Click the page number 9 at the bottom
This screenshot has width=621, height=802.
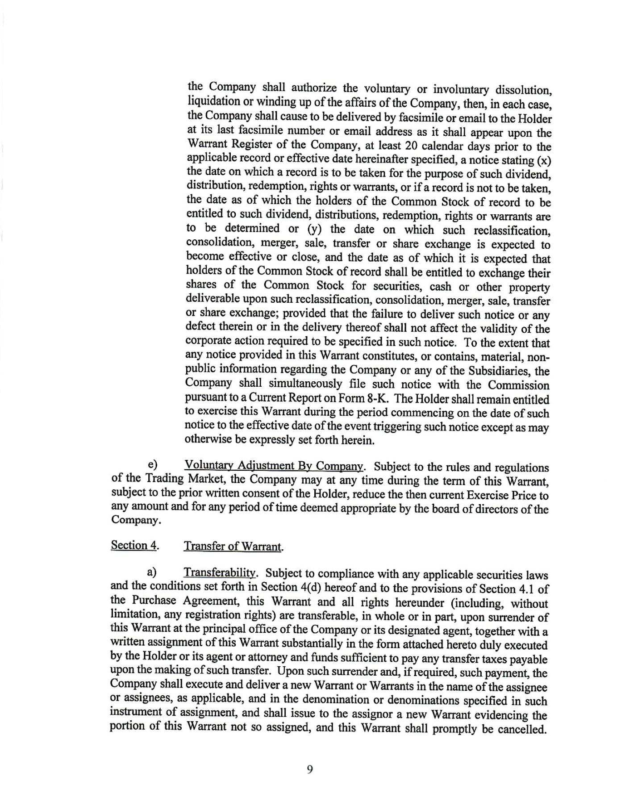coord(310,769)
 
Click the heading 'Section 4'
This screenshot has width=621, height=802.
coord(129,545)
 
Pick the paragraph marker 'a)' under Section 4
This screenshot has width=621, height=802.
coord(152,572)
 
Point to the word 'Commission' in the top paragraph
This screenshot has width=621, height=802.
coord(518,385)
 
